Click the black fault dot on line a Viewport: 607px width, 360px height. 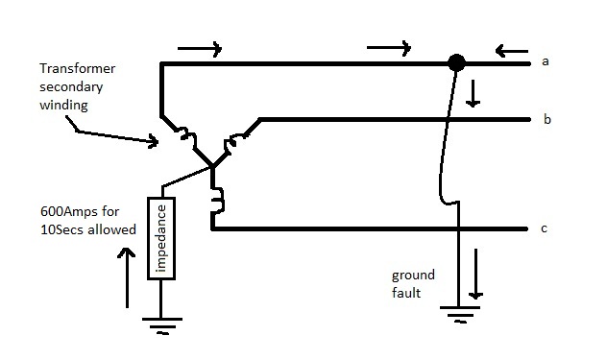(x=457, y=63)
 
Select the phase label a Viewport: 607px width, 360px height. (x=545, y=62)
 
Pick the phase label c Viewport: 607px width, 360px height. (x=545, y=228)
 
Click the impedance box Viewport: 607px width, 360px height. (x=160, y=238)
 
